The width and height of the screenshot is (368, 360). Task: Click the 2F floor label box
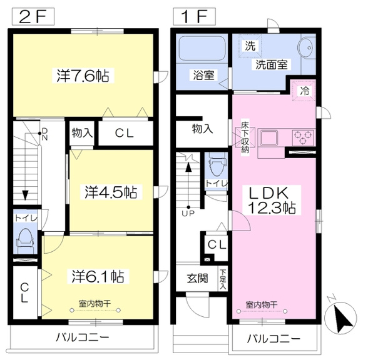point(33,16)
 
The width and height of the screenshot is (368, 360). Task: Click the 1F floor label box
point(194,16)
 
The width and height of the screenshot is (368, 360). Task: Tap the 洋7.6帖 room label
point(83,76)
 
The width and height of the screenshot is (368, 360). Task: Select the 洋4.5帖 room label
point(111,192)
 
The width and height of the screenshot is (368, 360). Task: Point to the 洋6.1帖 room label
point(98,276)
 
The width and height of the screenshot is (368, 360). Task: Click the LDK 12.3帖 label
point(272,200)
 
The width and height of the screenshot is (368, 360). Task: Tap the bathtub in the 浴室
point(202,48)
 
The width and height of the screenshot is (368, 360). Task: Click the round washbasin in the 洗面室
point(305,47)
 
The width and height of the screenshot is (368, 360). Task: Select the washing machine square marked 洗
point(250,46)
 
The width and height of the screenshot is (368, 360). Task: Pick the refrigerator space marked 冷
point(304,91)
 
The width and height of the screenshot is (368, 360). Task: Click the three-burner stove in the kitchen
point(304,137)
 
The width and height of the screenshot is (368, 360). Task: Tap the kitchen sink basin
point(268,137)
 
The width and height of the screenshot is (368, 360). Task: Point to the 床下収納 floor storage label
point(245,137)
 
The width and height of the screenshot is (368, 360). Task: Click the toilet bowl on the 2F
point(24,239)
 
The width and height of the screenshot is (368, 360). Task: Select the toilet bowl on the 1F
point(216,167)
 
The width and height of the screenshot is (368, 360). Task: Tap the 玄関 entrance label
point(197,279)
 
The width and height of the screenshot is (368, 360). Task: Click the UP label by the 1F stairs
point(188,214)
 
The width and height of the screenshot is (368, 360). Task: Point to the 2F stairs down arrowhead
point(25,195)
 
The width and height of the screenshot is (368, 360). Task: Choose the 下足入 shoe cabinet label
point(223,279)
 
